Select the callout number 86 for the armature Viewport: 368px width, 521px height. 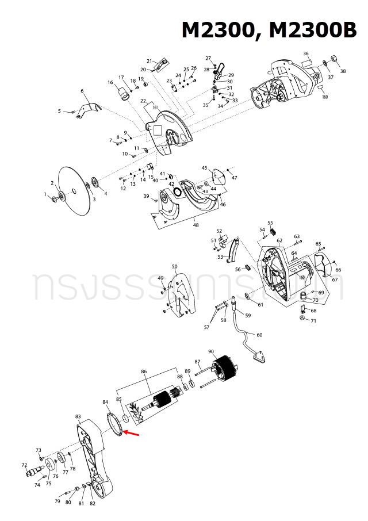144,372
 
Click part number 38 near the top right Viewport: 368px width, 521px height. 343,71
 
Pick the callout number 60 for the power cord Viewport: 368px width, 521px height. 259,335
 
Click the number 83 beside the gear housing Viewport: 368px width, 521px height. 78,416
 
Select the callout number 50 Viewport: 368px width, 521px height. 175,267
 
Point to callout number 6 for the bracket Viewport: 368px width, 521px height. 82,91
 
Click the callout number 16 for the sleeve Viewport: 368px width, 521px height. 110,83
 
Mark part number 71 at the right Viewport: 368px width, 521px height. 313,320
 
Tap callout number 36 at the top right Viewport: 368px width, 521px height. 306,54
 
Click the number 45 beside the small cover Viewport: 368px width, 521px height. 204,168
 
